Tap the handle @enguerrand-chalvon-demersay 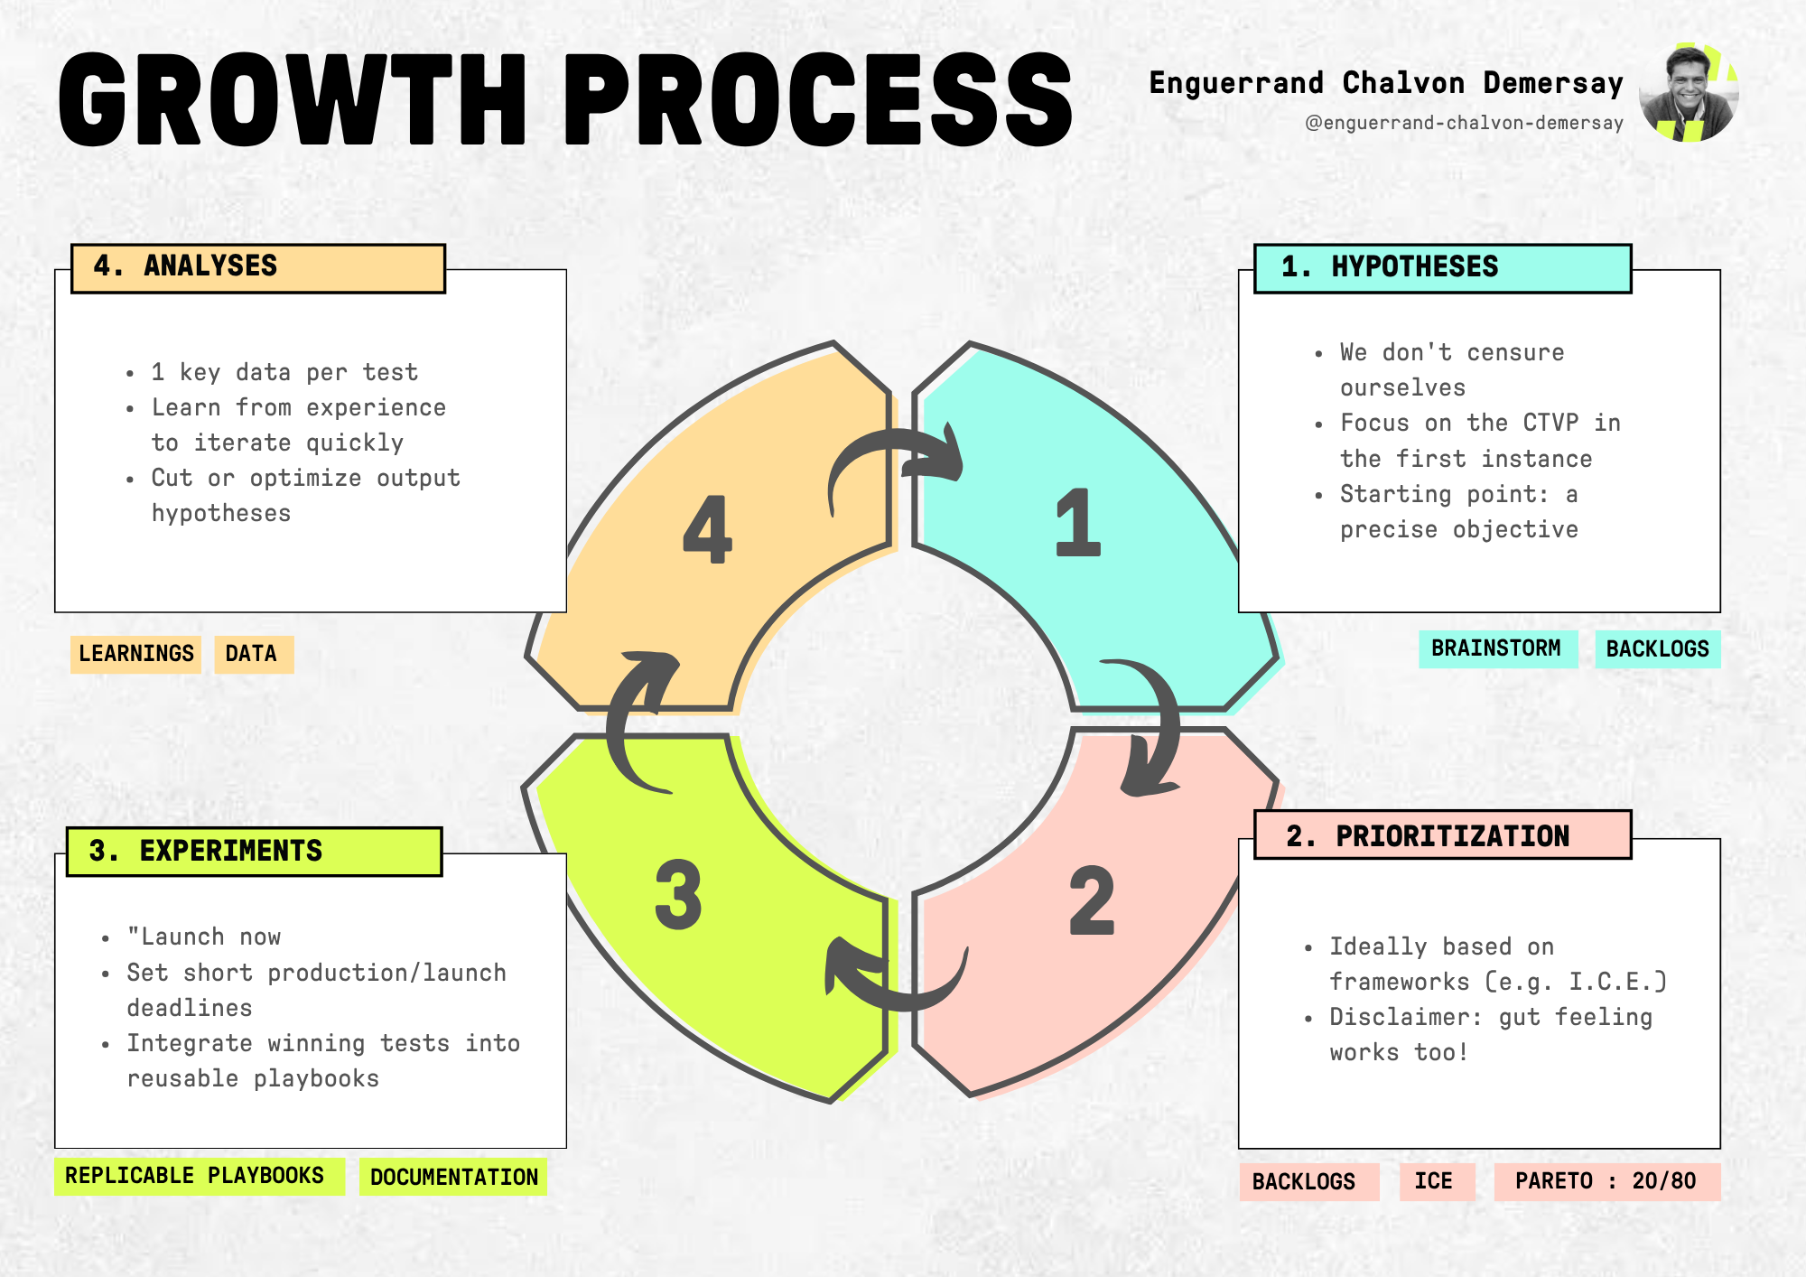[1464, 123]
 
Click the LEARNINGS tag [136, 654]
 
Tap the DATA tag [253, 654]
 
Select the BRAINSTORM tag [1497, 648]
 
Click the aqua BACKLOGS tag [1657, 649]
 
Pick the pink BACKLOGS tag [1307, 1181]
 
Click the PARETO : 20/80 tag [1606, 1181]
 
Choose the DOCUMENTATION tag [453, 1177]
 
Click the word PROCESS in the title [818, 98]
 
